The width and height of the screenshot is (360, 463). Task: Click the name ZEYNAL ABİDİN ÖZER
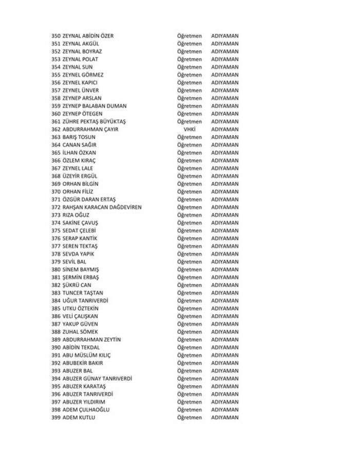click(x=88, y=36)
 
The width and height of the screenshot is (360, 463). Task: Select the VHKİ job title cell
click(x=189, y=130)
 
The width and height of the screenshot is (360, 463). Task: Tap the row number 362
click(x=56, y=130)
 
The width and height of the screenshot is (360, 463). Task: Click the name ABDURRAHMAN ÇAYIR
click(x=90, y=130)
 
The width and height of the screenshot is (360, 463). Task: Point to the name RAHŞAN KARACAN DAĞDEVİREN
click(x=102, y=207)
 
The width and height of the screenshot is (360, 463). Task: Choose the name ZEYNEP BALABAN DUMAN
click(x=94, y=106)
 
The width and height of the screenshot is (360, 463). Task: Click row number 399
click(x=56, y=418)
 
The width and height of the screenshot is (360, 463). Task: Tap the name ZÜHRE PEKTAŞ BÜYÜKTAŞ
click(x=94, y=121)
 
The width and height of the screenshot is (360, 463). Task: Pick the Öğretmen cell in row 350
click(x=189, y=36)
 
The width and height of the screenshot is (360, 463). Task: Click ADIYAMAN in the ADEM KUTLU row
click(x=225, y=418)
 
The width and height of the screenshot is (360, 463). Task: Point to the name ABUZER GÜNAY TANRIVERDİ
click(x=97, y=379)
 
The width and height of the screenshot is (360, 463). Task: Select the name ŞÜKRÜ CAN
click(x=77, y=285)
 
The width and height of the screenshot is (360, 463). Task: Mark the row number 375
click(x=56, y=230)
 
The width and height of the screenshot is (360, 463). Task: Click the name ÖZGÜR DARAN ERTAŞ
click(x=89, y=200)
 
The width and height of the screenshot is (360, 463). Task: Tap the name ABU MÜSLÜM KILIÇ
click(x=86, y=355)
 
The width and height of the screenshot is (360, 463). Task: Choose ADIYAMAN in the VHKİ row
click(x=225, y=130)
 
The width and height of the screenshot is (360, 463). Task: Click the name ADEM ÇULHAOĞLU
click(x=86, y=410)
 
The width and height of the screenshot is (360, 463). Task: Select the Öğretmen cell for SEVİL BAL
click(x=189, y=262)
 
